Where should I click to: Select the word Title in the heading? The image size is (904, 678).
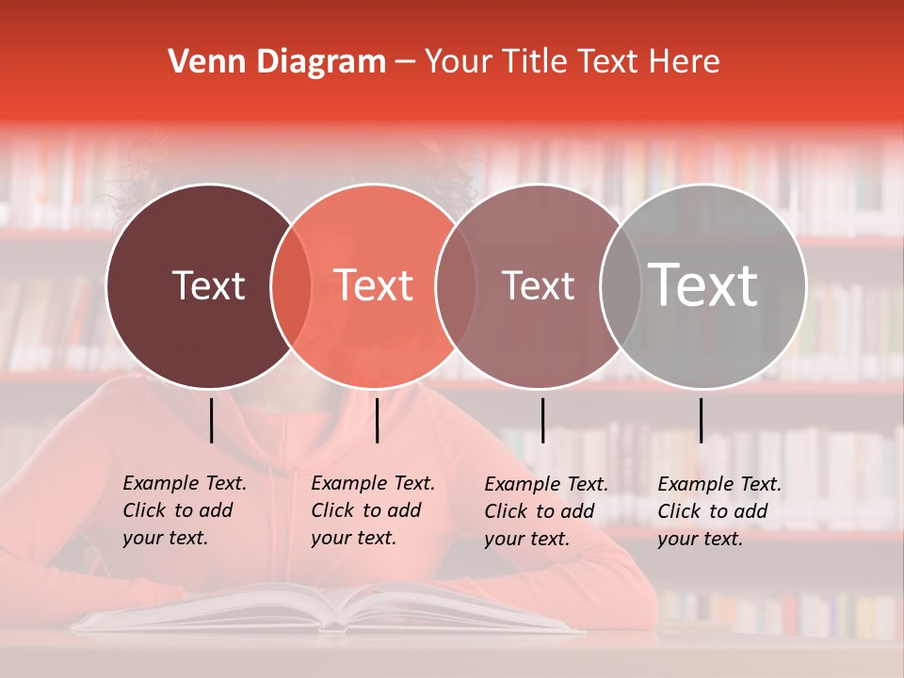[x=533, y=62]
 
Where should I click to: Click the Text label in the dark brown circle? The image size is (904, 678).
[x=208, y=285]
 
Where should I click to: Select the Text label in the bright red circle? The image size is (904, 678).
[x=374, y=285]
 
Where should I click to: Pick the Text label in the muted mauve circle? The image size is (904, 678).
[x=538, y=285]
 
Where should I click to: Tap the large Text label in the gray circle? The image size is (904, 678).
[x=703, y=284]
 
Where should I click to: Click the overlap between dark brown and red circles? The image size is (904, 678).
[x=291, y=285]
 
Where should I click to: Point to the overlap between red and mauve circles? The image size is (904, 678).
[x=456, y=285]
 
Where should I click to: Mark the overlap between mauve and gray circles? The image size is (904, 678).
[x=621, y=285]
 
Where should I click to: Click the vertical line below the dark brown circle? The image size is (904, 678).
[x=212, y=420]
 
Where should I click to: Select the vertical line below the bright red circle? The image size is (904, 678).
[x=377, y=420]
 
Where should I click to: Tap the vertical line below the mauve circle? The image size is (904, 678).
[x=542, y=420]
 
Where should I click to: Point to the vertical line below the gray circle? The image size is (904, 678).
[x=701, y=420]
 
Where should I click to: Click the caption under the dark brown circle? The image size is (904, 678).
[x=184, y=510]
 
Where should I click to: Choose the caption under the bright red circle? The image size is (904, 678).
[x=372, y=510]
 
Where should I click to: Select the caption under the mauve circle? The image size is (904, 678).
[x=545, y=511]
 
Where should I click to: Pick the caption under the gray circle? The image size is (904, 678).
[x=718, y=511]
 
